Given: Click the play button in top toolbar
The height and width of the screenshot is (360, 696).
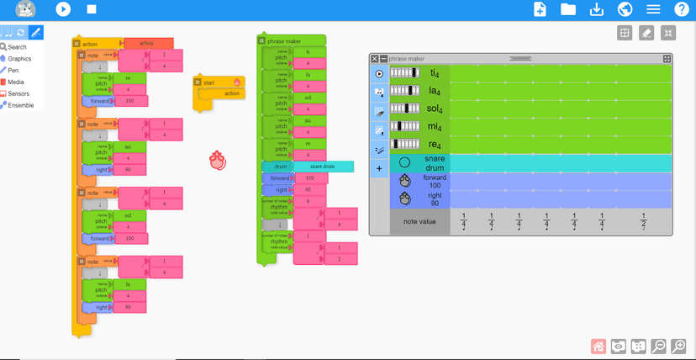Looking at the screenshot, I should pyautogui.click(x=63, y=9).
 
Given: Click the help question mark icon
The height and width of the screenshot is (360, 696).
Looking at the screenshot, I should pyautogui.click(x=682, y=9).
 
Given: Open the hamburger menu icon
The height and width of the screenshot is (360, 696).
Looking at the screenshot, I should pyautogui.click(x=653, y=9).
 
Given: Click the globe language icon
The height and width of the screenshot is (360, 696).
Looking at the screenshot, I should pyautogui.click(x=625, y=9).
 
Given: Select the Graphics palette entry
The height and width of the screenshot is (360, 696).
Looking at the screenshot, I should pyautogui.click(x=18, y=59).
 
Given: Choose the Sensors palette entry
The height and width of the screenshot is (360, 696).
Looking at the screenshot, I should pyautogui.click(x=18, y=93).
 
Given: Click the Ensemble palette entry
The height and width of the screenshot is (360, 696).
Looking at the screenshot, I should pyautogui.click(x=20, y=105).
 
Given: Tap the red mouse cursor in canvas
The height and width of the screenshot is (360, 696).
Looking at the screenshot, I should pyautogui.click(x=219, y=160).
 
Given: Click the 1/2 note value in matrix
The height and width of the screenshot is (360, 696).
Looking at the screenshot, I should pyautogui.click(x=644, y=222).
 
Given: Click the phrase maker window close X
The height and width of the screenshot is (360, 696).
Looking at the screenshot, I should pyautogui.click(x=375, y=59).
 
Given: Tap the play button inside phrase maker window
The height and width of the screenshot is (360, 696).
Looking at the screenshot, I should pyautogui.click(x=379, y=74).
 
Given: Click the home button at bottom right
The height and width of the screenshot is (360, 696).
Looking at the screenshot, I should pyautogui.click(x=599, y=346).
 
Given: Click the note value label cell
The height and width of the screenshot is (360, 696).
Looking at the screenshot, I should pyautogui.click(x=419, y=222).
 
